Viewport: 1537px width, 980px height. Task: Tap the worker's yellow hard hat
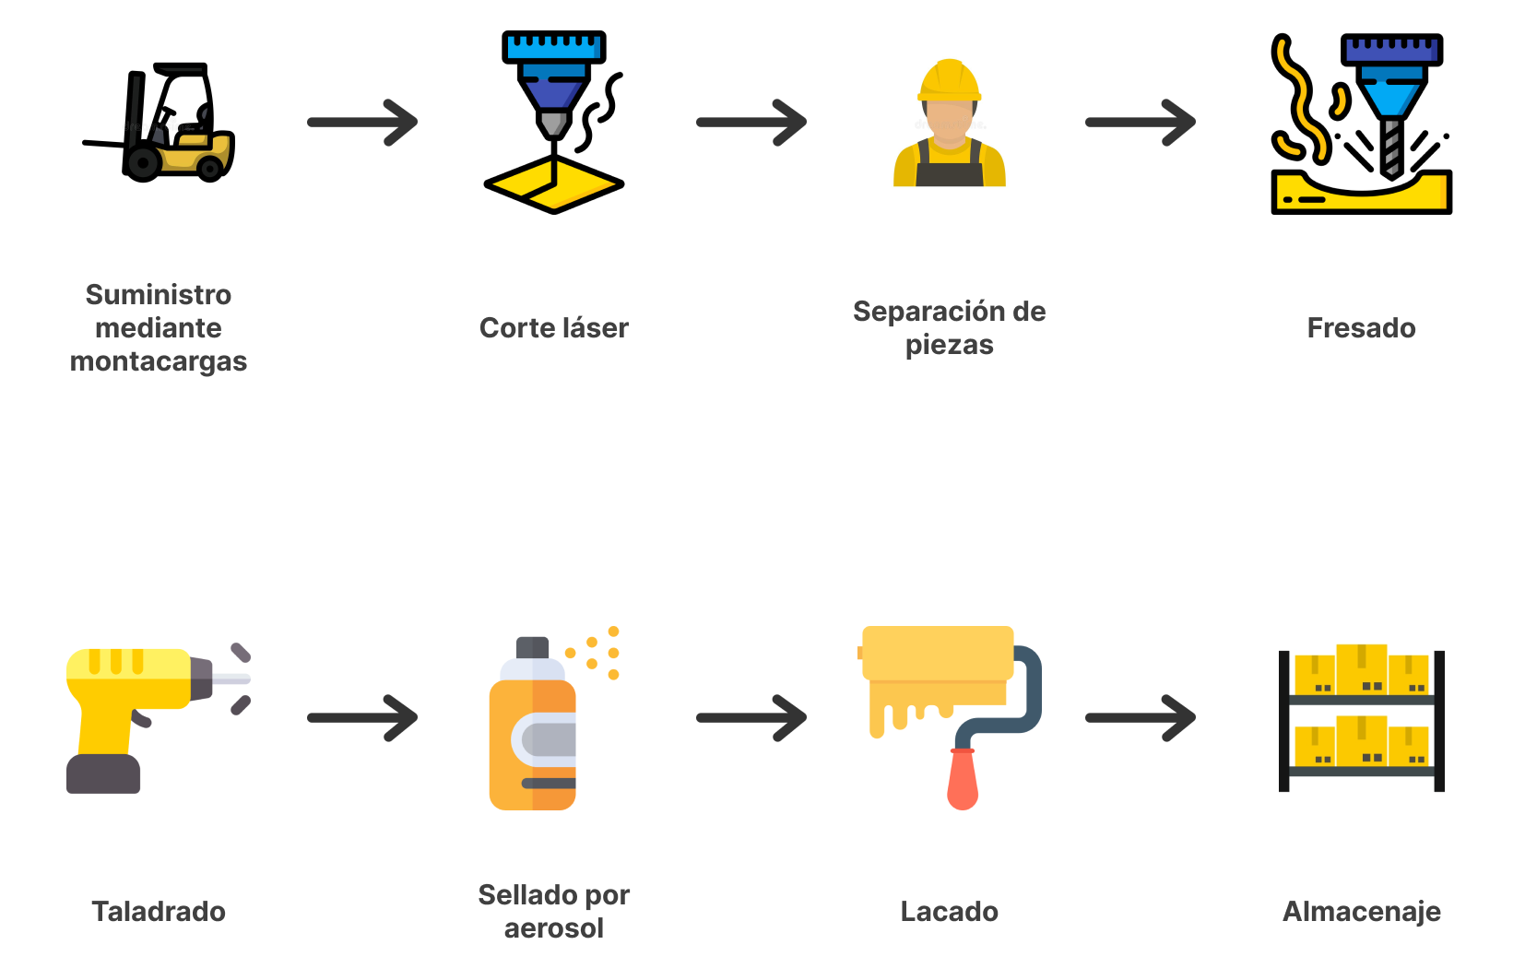[950, 80]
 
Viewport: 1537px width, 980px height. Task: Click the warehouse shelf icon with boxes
[1361, 718]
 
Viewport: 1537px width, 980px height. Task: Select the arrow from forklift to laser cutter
[362, 123]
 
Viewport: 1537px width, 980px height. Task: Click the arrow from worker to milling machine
[1141, 123]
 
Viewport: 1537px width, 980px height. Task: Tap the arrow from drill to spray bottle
[362, 718]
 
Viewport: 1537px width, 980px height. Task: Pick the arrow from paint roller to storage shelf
[1141, 718]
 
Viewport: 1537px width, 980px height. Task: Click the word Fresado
[1361, 328]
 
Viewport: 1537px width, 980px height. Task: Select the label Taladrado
[159, 912]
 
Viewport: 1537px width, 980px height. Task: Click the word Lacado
[949, 912]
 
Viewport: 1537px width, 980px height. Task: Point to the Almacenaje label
[1361, 912]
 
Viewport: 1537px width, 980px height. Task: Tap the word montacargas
[159, 361]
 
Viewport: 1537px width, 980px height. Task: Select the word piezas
[949, 346]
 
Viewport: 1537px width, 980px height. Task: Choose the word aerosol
[553, 928]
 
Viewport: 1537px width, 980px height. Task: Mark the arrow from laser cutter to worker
[751, 123]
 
